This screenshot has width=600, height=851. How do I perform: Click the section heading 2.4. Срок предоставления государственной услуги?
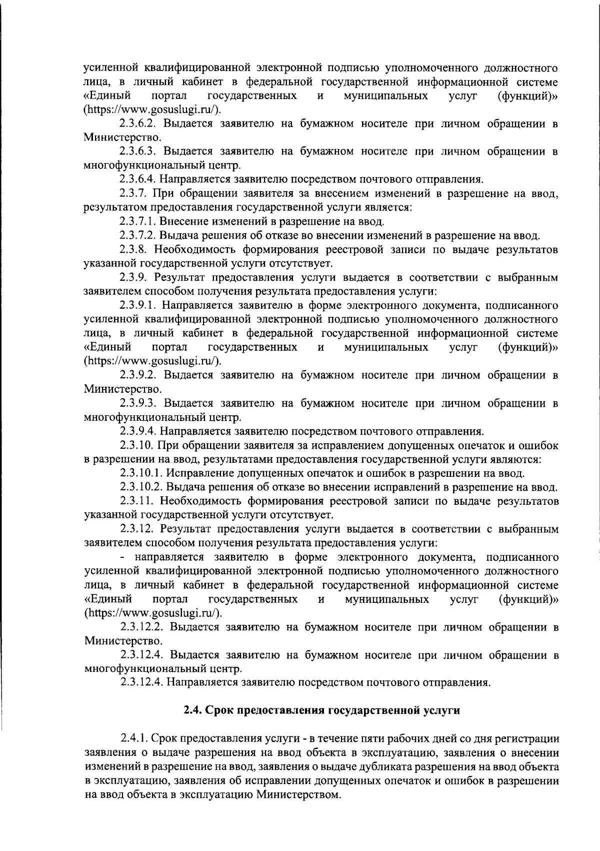click(320, 710)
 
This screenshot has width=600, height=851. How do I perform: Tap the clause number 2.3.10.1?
click(141, 473)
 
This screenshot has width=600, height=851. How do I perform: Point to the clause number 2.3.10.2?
click(141, 487)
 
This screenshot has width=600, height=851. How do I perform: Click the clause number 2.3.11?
click(136, 501)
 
